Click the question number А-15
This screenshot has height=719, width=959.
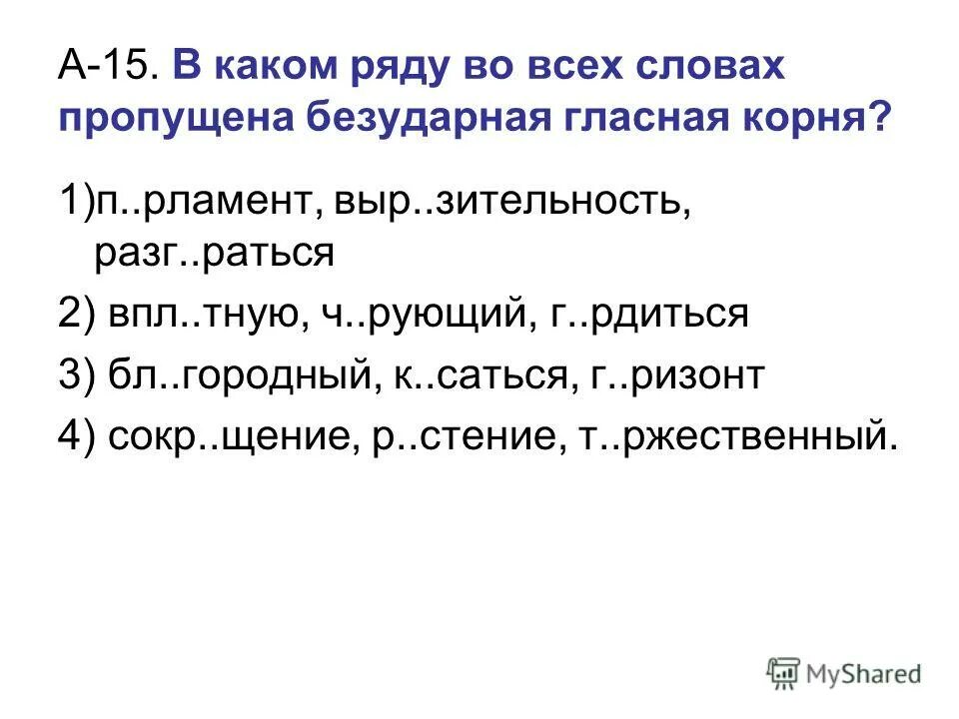pyautogui.click(x=107, y=69)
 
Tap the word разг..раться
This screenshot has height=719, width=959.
pyautogui.click(x=214, y=254)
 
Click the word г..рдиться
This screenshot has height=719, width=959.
pyautogui.click(x=647, y=316)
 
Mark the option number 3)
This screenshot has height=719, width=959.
pyautogui.click(x=76, y=376)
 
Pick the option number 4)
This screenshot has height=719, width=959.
pyautogui.click(x=76, y=437)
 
